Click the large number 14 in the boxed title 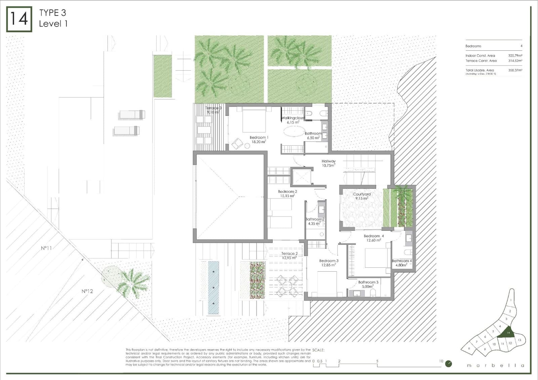click(x=19, y=19)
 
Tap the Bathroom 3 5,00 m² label click(x=368, y=284)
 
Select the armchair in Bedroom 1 click(x=237, y=144)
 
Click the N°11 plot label click(x=46, y=248)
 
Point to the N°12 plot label click(x=87, y=291)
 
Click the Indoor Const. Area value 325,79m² click(x=515, y=55)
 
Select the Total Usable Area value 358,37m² click(x=515, y=70)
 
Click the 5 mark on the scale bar click(x=377, y=361)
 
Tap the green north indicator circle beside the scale click(x=449, y=364)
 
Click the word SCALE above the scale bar click(x=318, y=350)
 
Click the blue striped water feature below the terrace click(x=214, y=288)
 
